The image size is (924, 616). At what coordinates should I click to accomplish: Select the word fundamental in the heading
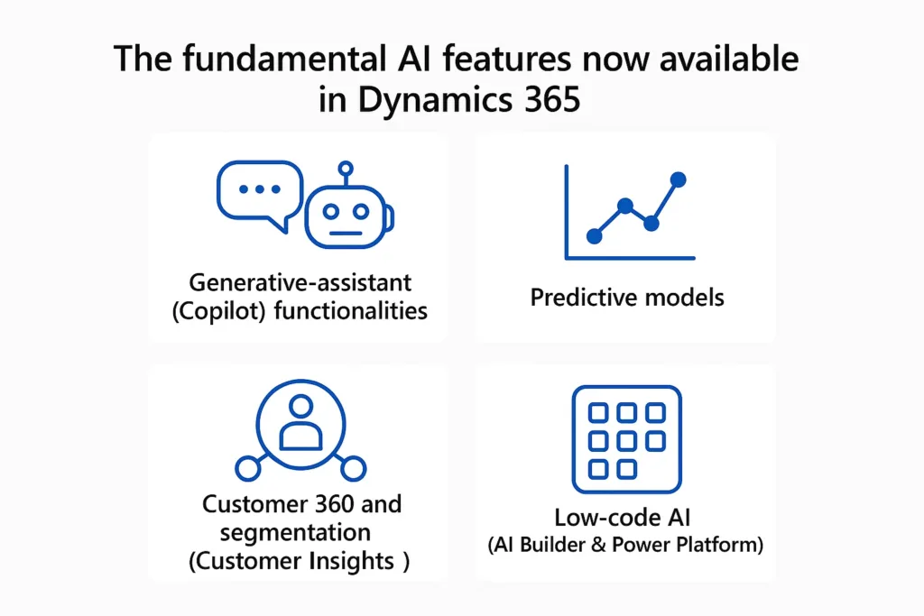tap(275, 60)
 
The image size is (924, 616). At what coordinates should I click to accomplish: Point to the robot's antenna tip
tap(344, 169)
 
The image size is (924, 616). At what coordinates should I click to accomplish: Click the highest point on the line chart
tap(678, 179)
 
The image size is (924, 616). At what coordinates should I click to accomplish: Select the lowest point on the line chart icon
tap(594, 236)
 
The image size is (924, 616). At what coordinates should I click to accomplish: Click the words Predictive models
tap(627, 297)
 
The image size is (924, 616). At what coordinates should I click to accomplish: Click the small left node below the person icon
tap(247, 468)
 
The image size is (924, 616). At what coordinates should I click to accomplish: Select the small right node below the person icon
tap(354, 468)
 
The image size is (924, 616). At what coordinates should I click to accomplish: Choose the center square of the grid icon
tap(626, 440)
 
